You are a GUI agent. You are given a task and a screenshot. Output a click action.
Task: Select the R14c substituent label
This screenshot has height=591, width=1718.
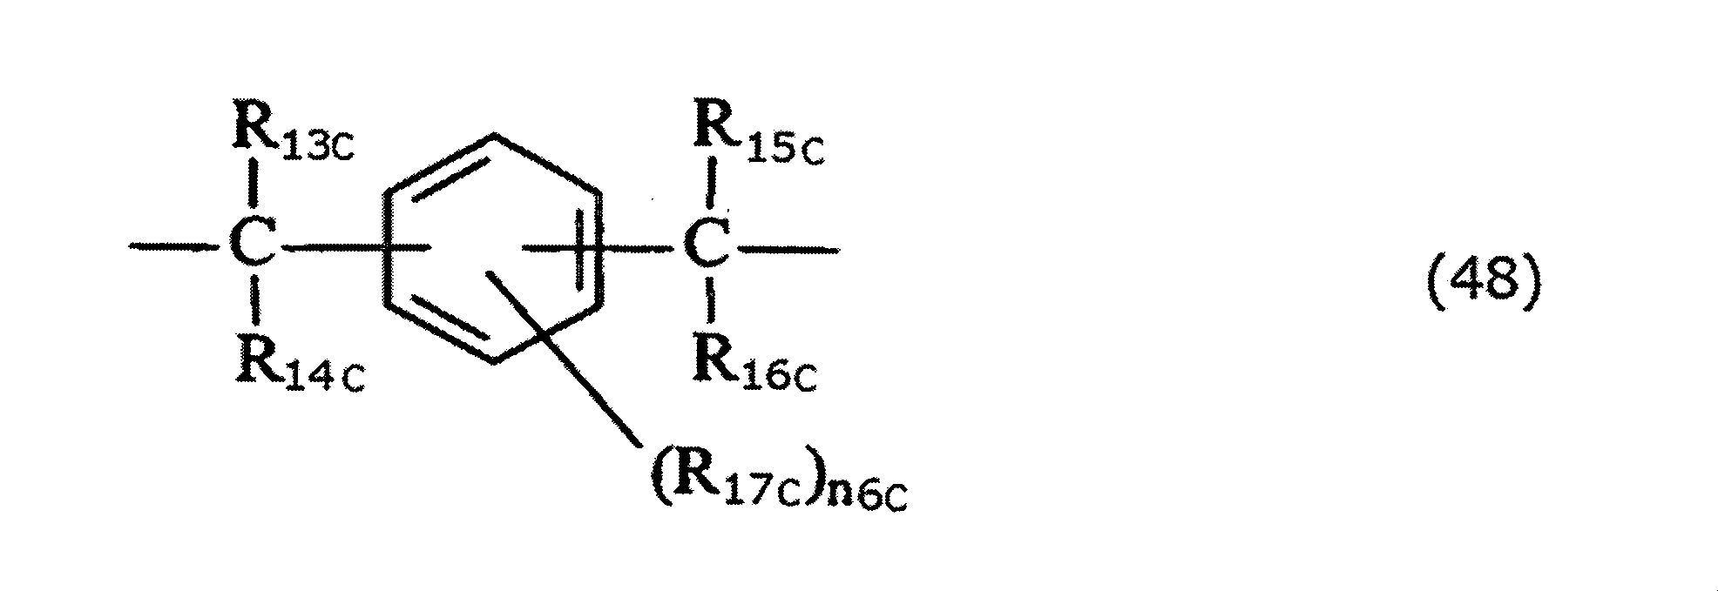[x=297, y=369]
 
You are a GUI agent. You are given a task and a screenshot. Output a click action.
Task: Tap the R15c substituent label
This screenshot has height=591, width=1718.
[x=756, y=138]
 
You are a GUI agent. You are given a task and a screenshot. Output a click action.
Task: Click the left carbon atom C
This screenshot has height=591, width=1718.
[x=254, y=249]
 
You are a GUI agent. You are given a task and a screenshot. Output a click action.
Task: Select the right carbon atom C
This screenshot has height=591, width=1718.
[x=707, y=250]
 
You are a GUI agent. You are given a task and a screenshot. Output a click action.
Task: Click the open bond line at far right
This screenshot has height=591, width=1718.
[x=788, y=251]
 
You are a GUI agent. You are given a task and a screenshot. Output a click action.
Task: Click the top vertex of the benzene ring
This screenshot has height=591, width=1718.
[x=494, y=135]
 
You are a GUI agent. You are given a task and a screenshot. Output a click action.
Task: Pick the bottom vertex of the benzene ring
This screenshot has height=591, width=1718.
[x=493, y=363]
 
